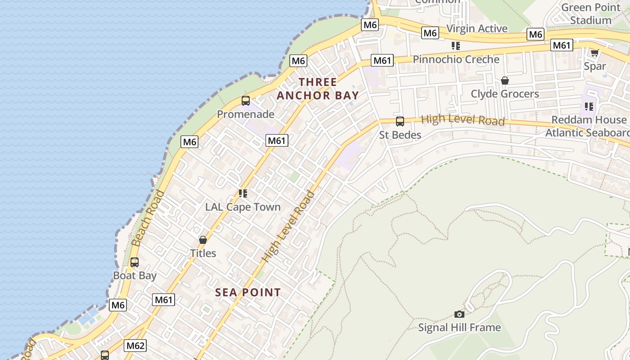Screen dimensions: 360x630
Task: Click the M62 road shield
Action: pyautogui.click(x=135, y=346)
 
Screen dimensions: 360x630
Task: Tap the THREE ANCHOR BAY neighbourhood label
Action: pyautogui.click(x=318, y=89)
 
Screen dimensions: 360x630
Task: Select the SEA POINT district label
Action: pyautogui.click(x=248, y=292)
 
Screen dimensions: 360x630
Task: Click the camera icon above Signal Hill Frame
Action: pyautogui.click(x=459, y=314)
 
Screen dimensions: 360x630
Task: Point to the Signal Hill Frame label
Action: pyautogui.click(x=459, y=327)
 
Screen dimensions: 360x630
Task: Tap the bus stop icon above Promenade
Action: pyautogui.click(x=245, y=101)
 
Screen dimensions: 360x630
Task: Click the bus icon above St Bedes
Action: pyautogui.click(x=400, y=121)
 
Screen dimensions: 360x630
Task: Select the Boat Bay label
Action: pyautogui.click(x=135, y=275)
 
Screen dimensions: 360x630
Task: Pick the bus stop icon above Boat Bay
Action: pyautogui.click(x=134, y=262)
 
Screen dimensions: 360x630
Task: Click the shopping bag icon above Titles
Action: pyautogui.click(x=203, y=240)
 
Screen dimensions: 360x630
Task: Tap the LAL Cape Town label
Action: pyautogui.click(x=243, y=207)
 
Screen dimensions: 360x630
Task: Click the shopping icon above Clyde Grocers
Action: pyautogui.click(x=504, y=81)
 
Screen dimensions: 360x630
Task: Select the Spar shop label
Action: pyautogui.click(x=594, y=66)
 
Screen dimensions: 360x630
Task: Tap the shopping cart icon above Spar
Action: pyautogui.click(x=594, y=53)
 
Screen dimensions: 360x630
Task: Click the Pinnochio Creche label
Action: pyautogui.click(x=456, y=59)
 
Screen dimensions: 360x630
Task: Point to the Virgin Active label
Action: pyautogui.click(x=477, y=29)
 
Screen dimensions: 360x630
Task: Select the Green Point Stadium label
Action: pyautogui.click(x=591, y=14)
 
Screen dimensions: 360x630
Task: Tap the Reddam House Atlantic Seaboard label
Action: pyautogui.click(x=588, y=126)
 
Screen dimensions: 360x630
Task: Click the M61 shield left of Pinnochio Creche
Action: pyautogui.click(x=382, y=60)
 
